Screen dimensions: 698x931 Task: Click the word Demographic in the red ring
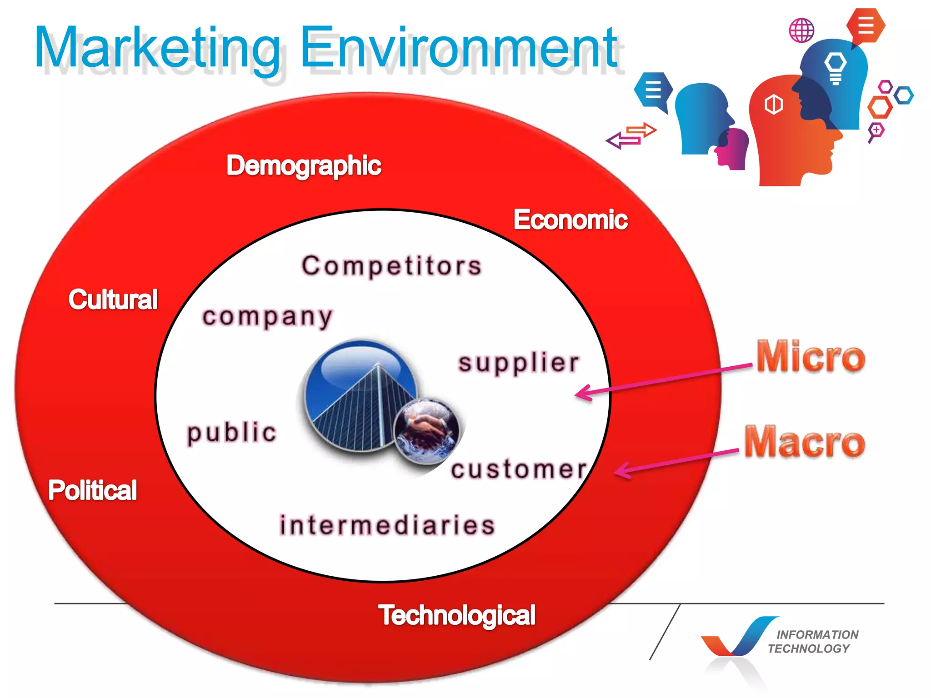click(304, 165)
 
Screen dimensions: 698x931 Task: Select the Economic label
click(571, 220)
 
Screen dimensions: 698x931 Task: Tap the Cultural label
click(113, 299)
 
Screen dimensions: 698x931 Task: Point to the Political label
click(92, 490)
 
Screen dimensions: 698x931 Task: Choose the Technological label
click(457, 615)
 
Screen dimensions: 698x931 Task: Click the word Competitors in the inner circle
click(391, 266)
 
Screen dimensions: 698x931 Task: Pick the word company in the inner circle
click(267, 317)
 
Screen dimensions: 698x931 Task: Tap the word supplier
click(519, 363)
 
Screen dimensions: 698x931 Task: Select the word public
click(232, 432)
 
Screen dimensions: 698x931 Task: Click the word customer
click(519, 469)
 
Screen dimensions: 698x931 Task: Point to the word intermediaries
click(387, 525)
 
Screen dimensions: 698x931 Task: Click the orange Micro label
click(811, 357)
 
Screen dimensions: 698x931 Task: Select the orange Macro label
click(805, 442)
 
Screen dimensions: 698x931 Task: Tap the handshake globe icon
click(426, 431)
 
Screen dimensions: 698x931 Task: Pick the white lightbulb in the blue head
click(836, 68)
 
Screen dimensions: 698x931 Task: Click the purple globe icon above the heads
click(801, 30)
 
